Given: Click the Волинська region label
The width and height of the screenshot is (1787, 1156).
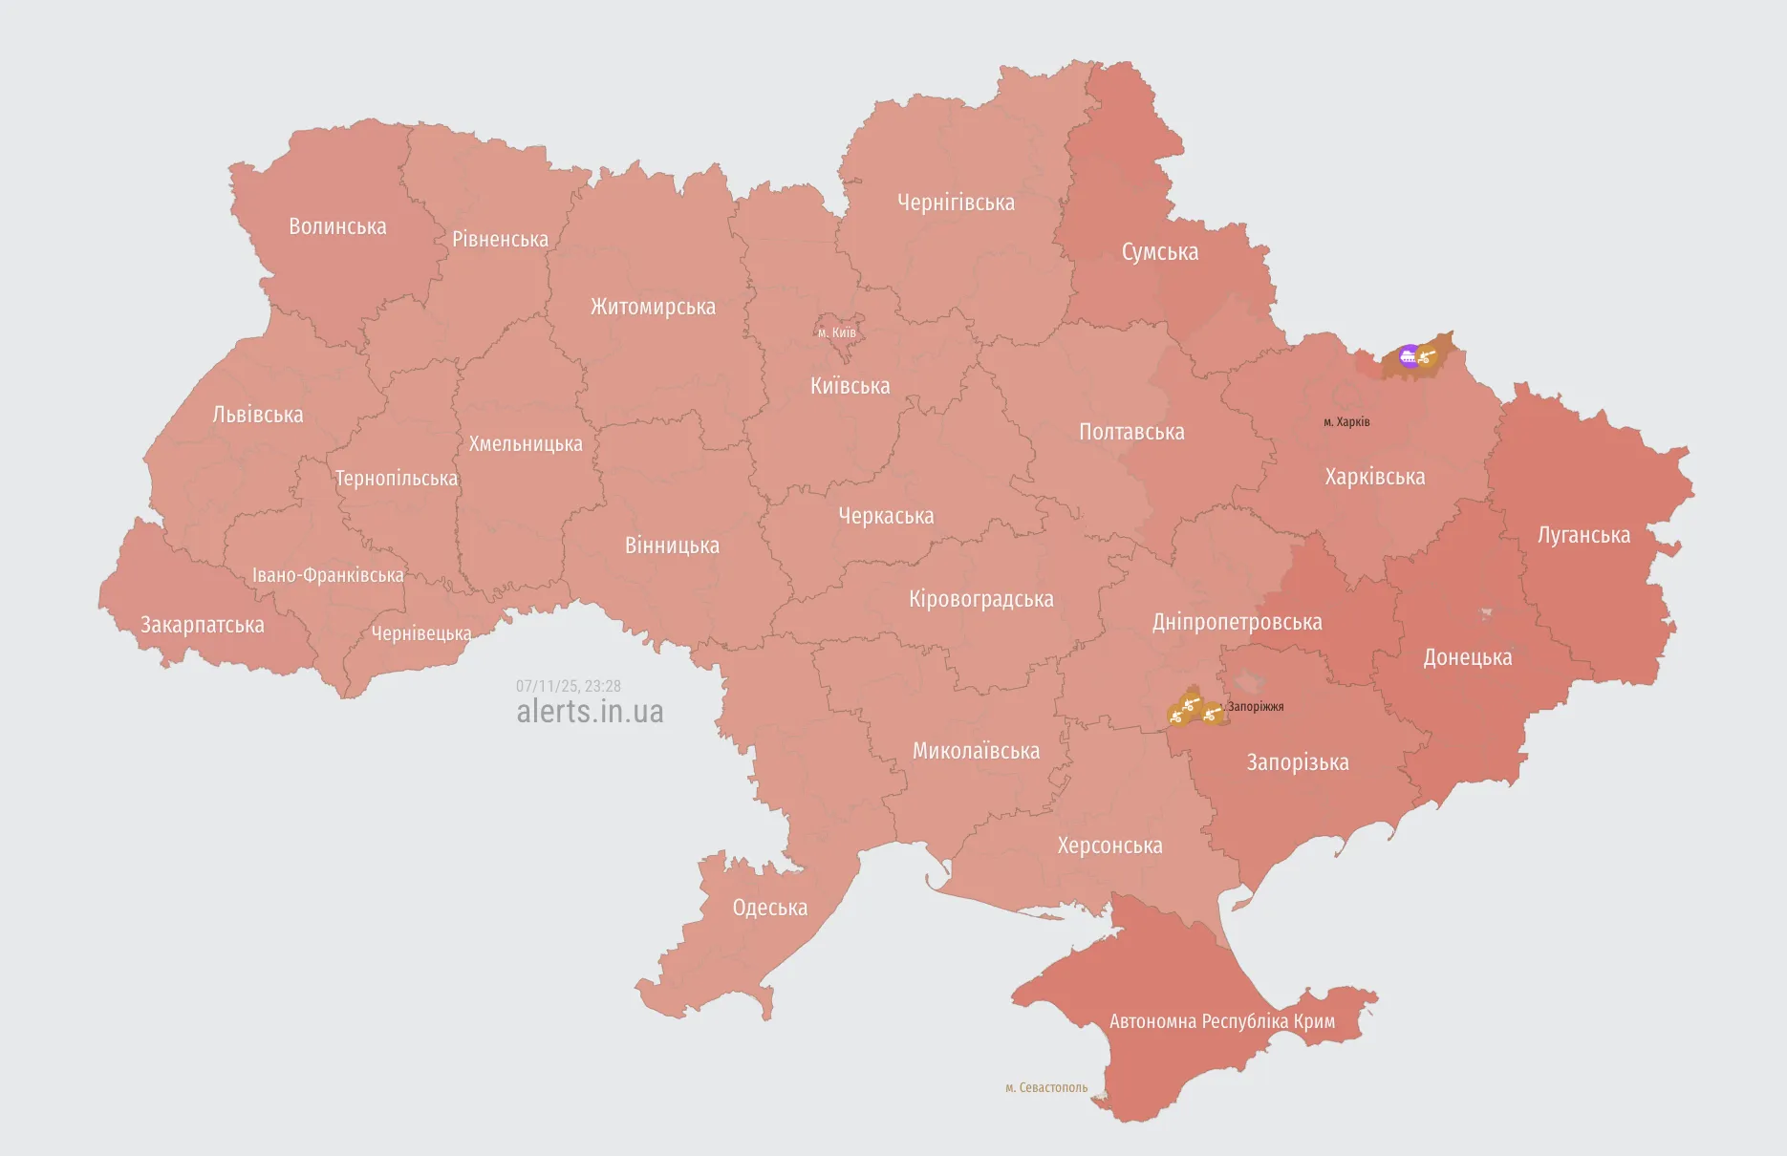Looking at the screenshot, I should pyautogui.click(x=337, y=226).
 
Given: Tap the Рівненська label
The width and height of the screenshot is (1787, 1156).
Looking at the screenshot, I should pyautogui.click(x=500, y=239).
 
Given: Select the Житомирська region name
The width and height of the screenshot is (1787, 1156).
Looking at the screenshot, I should pyautogui.click(x=653, y=307).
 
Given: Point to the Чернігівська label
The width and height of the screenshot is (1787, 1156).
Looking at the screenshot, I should pyautogui.click(x=956, y=203).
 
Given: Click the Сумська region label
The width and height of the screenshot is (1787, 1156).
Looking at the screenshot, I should pyautogui.click(x=1159, y=252).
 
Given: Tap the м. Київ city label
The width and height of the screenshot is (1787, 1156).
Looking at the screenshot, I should pyautogui.click(x=837, y=333).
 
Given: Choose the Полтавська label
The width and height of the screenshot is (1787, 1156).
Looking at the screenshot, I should pyautogui.click(x=1131, y=432).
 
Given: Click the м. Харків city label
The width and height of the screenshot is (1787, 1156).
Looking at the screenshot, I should pyautogui.click(x=1346, y=422).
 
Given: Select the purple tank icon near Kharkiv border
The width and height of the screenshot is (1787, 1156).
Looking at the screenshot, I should pyautogui.click(x=1408, y=357).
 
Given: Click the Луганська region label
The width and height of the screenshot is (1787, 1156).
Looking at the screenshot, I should pyautogui.click(x=1583, y=535).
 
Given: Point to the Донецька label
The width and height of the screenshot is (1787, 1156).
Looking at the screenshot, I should pyautogui.click(x=1467, y=657).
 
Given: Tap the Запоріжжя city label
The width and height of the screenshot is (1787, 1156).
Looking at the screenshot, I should pyautogui.click(x=1255, y=707).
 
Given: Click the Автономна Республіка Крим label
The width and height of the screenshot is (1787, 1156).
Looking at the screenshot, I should pyautogui.click(x=1221, y=1021).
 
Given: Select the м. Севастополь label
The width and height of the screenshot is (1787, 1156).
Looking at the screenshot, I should pyautogui.click(x=1046, y=1087).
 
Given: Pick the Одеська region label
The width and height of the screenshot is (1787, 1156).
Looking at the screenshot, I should pyautogui.click(x=769, y=908).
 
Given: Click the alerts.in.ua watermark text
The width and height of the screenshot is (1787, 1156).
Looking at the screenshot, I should pyautogui.click(x=590, y=712).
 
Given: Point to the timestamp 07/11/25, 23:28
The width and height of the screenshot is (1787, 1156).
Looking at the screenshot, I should pyautogui.click(x=569, y=686).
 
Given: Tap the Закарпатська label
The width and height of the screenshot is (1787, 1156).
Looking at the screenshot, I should pyautogui.click(x=203, y=625).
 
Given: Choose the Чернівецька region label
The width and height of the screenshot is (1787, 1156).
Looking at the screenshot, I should pyautogui.click(x=421, y=633).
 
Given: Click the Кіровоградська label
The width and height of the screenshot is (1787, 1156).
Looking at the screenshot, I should pyautogui.click(x=980, y=599).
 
